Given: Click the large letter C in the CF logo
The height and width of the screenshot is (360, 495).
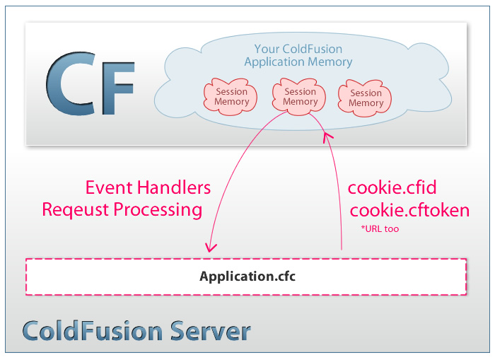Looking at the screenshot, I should pos(69,86).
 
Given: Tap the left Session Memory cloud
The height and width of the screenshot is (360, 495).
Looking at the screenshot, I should pos(232,97).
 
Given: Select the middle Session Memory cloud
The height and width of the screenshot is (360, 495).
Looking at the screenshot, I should pos(300,97).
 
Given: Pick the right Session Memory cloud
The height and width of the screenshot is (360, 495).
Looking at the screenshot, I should pos(366,98).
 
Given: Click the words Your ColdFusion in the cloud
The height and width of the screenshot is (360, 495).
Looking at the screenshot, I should pos(298,50).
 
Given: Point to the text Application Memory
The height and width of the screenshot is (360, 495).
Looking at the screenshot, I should pos(298,62).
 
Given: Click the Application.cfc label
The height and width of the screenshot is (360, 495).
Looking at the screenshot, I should pos(247,276).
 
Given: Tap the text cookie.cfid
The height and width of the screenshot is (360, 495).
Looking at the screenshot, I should pos(392,188).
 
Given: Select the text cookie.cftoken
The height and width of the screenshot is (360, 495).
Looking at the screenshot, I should pos(409,210).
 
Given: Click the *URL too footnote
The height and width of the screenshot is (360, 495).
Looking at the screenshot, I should pos(379,229).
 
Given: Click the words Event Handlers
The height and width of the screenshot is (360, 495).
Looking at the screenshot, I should pos(148,188).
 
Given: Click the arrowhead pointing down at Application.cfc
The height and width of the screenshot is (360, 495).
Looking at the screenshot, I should pos(210,248).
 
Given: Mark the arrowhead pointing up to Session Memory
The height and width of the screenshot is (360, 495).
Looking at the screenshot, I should pos(326,136).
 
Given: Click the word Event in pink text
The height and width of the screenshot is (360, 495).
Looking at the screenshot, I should pos(107,188).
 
